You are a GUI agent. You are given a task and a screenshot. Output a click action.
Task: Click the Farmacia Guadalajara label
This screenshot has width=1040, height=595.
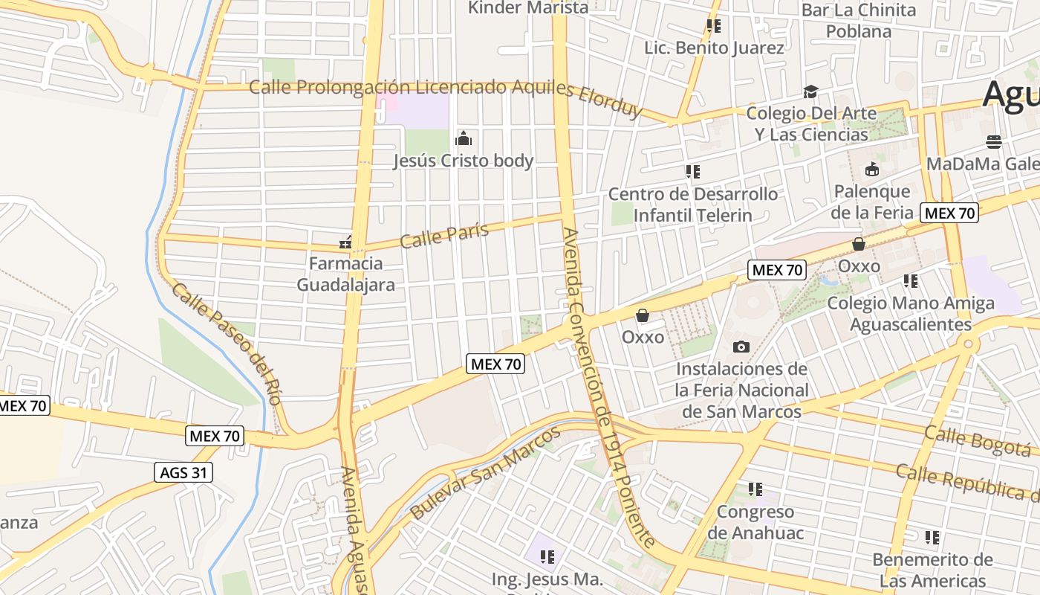[346, 274]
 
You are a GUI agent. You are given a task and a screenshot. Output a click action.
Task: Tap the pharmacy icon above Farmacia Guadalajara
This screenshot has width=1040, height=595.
[345, 242]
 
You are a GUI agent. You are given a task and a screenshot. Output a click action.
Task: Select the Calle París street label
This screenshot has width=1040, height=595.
[444, 235]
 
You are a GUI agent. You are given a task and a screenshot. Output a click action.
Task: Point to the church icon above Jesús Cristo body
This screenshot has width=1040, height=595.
[464, 138]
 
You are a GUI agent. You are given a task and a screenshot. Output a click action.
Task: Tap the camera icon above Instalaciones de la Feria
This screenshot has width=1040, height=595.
[741, 347]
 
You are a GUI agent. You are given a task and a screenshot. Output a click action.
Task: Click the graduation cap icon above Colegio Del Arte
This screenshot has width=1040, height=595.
[810, 91]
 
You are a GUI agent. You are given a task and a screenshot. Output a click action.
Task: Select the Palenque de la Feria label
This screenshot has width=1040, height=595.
[872, 202]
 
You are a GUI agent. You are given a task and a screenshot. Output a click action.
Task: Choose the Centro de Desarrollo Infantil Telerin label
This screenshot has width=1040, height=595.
[693, 205]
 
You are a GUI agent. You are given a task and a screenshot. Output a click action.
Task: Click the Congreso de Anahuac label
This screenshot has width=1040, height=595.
[755, 522]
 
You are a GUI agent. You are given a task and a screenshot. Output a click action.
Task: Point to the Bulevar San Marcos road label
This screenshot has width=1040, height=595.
[485, 473]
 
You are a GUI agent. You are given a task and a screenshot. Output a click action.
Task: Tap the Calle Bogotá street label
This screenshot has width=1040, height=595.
[978, 440]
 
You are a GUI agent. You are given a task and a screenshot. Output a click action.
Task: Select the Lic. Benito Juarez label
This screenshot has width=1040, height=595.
[715, 48]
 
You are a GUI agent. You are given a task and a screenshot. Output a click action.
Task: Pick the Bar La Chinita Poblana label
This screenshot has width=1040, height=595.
[859, 21]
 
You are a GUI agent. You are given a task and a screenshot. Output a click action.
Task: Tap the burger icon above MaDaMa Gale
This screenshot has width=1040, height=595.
[994, 141]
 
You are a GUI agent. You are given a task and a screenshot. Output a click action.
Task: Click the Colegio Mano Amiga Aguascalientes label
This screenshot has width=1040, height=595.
[911, 314]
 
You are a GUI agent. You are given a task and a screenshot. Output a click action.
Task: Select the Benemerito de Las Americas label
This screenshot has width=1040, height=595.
[933, 570]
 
